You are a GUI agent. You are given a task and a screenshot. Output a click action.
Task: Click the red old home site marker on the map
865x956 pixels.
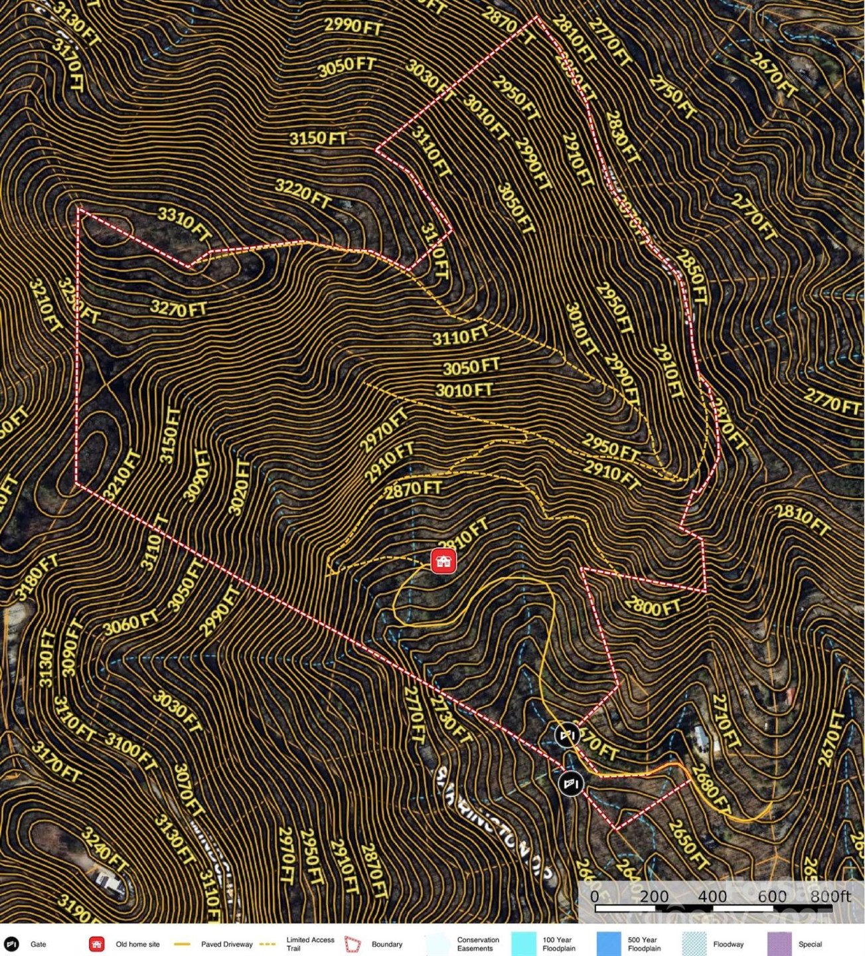click(443, 561)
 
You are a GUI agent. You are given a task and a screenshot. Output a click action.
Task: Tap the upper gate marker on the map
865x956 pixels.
click(567, 735)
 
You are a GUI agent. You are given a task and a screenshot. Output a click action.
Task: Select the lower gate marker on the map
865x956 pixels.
click(570, 784)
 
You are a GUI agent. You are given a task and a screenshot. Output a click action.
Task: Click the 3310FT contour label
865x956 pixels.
click(184, 224)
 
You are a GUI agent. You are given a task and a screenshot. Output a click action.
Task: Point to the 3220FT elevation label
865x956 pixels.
click(303, 193)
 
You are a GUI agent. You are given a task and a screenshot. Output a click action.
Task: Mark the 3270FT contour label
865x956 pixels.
click(178, 308)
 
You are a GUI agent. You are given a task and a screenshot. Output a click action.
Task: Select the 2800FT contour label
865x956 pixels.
click(653, 606)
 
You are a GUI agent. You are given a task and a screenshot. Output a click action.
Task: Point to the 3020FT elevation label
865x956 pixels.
click(240, 488)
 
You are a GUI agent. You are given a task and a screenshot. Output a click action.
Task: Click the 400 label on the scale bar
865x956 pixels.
click(712, 896)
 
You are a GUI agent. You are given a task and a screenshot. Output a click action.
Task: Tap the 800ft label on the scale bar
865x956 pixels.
click(830, 896)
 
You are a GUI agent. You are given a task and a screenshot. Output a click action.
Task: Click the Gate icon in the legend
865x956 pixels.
click(11, 944)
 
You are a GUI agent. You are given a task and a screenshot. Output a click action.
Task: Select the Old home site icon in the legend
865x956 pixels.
click(97, 944)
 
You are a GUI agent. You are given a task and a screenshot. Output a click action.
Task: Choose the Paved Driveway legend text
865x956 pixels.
click(226, 944)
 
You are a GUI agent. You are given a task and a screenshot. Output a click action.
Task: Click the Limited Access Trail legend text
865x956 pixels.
click(310, 944)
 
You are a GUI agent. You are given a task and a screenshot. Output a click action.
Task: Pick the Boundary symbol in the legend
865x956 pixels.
click(353, 944)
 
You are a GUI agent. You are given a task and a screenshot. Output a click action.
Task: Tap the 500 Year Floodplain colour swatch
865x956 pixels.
click(608, 944)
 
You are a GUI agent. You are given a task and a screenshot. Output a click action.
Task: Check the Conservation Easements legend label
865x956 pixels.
click(477, 944)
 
